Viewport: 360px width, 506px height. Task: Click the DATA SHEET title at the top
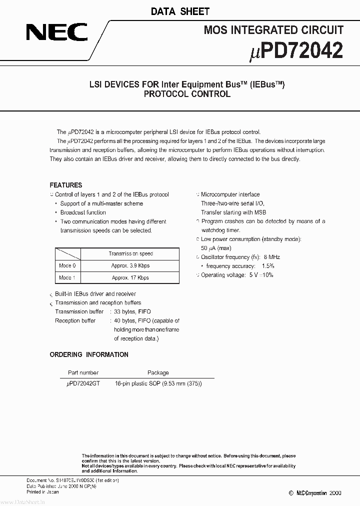(179, 11)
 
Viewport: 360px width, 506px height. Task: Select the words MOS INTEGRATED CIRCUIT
(273, 30)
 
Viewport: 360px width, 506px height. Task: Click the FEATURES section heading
(65, 185)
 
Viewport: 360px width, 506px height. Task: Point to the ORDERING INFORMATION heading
(89, 354)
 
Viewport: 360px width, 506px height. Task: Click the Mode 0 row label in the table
(67, 266)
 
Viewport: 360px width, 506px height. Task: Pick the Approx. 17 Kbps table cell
(130, 277)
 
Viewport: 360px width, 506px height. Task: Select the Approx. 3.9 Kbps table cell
(130, 266)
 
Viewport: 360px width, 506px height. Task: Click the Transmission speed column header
(130, 254)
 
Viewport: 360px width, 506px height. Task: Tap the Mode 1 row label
(67, 277)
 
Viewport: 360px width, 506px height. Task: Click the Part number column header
(82, 372)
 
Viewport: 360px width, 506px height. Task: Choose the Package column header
(158, 372)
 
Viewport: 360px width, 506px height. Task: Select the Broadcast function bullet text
(83, 212)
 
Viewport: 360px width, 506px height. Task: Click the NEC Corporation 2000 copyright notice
(315, 492)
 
